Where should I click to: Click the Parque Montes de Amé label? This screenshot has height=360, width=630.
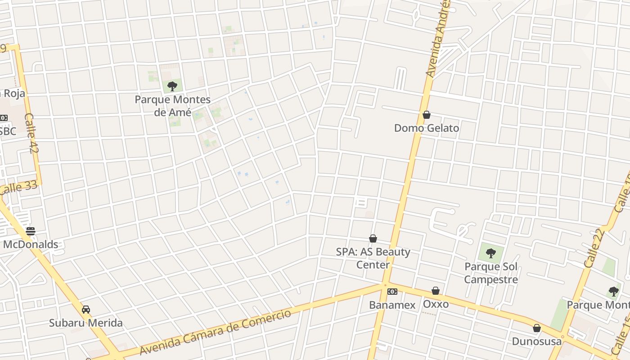[x=173, y=106]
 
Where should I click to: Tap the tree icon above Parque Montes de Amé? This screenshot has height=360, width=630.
[x=172, y=86]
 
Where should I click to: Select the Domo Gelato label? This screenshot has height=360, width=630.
[x=427, y=128]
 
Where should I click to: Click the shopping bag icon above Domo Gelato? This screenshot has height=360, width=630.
[x=427, y=115]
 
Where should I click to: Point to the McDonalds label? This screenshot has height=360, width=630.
[x=31, y=244]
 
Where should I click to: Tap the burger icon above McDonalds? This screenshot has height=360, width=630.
[x=31, y=231]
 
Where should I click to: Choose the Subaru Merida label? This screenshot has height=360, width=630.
[x=85, y=323]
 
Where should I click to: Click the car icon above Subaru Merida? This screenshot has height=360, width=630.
[x=86, y=310]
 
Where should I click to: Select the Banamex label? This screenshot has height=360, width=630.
[x=392, y=305]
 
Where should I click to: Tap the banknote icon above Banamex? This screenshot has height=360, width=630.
[x=392, y=292]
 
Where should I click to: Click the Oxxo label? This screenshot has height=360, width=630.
[x=436, y=304]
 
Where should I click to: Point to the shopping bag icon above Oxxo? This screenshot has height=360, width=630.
[x=436, y=291]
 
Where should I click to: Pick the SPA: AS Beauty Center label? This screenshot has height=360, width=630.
[x=373, y=258]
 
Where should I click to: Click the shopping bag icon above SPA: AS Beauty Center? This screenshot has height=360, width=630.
[x=373, y=238]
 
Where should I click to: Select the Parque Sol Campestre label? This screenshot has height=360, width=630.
[x=491, y=273]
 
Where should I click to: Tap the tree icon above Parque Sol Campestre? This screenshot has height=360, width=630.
[x=491, y=253]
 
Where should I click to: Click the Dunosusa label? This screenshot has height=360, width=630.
[x=537, y=342]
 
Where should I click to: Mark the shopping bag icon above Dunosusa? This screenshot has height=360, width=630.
[x=537, y=328]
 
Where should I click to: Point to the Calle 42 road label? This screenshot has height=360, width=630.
[x=31, y=133]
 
